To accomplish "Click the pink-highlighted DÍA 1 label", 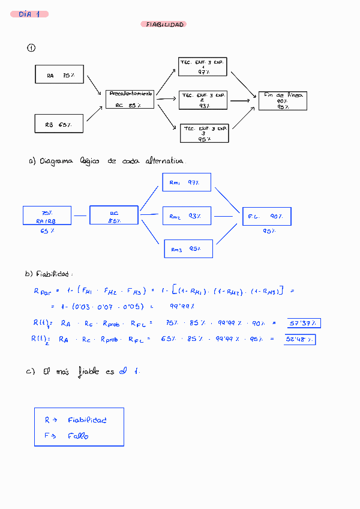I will (29, 14).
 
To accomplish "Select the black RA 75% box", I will (59, 74).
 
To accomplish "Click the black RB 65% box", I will (59, 124).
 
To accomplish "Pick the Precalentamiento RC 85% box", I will (130, 99).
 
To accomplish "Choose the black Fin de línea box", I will (283, 100).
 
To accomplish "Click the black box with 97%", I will (203, 67).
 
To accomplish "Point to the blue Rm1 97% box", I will (187, 182).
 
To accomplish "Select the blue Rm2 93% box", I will (187, 215).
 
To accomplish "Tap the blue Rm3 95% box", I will (188, 248).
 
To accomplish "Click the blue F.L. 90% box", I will (266, 216).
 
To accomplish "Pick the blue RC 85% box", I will (114, 215).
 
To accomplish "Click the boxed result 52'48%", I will (299, 340).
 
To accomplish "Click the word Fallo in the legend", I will (78, 436).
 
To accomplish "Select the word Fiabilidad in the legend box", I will (87, 420).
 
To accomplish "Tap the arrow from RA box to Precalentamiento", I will (94, 85).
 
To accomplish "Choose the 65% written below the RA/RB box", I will (47, 231).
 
